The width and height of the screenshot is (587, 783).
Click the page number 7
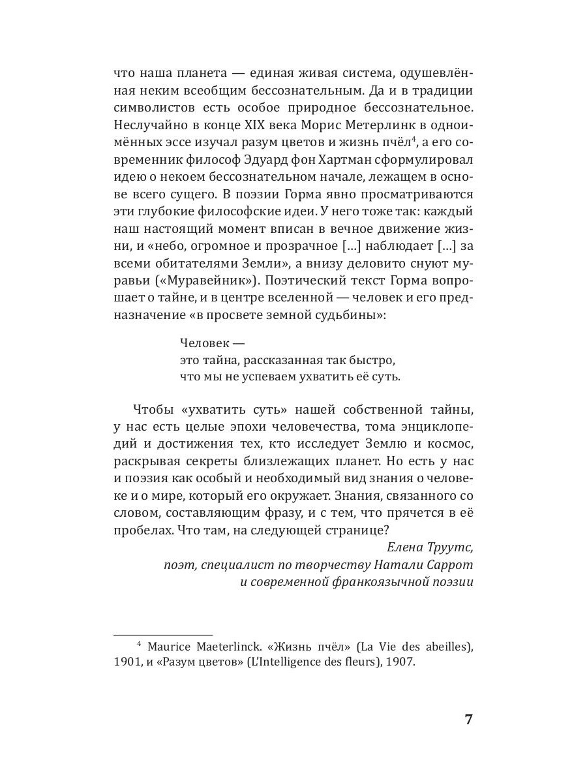[468, 720]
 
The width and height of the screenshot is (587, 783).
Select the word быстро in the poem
[373, 360]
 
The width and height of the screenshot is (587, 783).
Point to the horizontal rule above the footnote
[163, 634]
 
